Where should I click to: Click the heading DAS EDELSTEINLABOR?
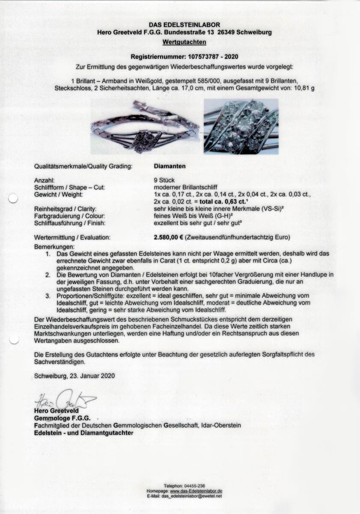184,25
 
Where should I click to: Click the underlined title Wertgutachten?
184,42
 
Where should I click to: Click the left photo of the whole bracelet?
145,127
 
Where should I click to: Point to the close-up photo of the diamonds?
241,126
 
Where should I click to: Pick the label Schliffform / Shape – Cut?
69,187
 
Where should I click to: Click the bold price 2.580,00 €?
171,237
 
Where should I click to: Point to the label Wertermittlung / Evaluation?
72,237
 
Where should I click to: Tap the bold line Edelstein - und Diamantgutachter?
83,433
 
